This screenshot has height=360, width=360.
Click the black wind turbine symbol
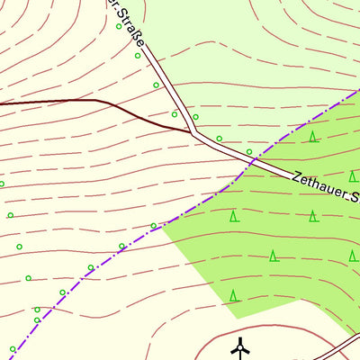point(240,346)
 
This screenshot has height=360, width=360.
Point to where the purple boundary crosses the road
point(255,160)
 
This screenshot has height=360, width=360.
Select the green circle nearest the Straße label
point(119,26)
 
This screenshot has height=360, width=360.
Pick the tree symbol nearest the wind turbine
point(234,295)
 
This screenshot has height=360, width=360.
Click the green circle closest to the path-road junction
point(195,117)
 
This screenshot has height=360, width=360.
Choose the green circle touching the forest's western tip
point(154,225)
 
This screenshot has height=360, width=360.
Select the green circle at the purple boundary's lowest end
point(13,348)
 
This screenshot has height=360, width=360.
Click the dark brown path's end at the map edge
point(2,103)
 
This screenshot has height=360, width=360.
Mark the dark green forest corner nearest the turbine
point(236,317)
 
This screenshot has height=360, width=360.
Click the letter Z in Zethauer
point(296,175)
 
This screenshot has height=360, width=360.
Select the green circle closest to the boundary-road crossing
point(249,151)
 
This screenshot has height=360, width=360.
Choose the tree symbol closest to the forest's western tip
point(234,216)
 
